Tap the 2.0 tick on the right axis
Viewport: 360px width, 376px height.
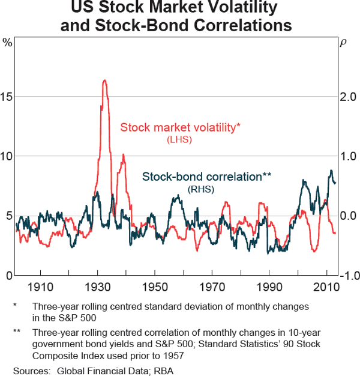(349, 96)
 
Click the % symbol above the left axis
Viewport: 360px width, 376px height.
(7, 43)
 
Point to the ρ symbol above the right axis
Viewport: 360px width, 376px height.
(343, 43)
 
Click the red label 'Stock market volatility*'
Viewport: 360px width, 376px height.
(180, 127)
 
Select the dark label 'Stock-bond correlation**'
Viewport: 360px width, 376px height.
(206, 177)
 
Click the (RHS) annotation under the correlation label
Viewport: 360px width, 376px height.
(201, 190)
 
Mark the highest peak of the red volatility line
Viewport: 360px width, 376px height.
(104, 80)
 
